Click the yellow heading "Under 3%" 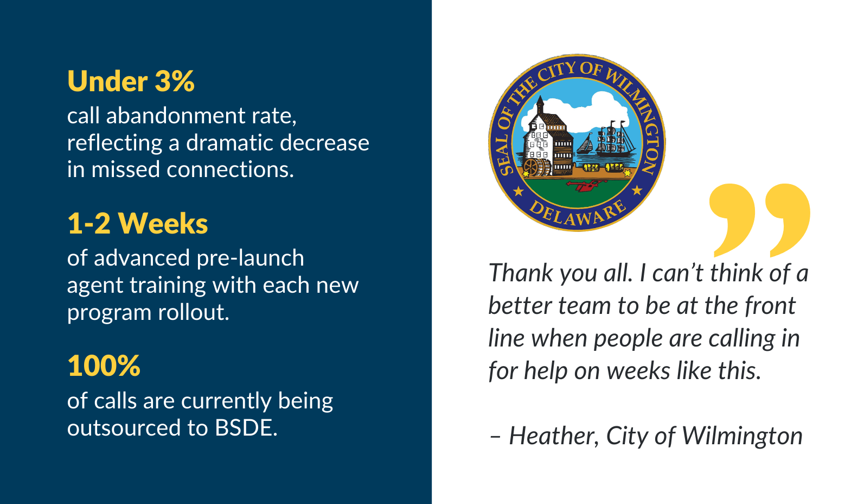[131, 81]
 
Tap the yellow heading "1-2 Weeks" [138, 224]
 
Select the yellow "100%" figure [104, 366]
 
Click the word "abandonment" [176, 116]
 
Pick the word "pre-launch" [251, 259]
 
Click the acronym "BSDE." [246, 428]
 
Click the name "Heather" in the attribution [554, 436]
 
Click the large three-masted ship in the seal [614, 138]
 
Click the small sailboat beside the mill [585, 144]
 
